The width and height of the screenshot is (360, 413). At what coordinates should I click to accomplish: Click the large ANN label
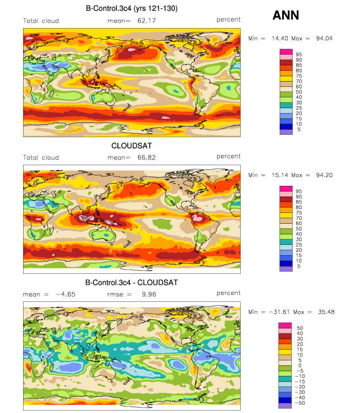286,15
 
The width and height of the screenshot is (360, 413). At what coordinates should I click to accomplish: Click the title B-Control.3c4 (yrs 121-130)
132,8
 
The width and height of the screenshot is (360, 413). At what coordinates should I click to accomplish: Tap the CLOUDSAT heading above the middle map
132,146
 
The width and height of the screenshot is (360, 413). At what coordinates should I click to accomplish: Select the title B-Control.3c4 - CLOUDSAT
132,283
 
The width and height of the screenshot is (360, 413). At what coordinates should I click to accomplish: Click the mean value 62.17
146,21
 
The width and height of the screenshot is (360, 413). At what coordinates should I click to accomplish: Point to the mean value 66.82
146,157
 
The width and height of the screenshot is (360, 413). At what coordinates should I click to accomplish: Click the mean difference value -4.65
66,294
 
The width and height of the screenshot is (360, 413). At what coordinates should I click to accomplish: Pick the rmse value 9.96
149,294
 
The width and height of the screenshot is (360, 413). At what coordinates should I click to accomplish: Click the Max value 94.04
324,38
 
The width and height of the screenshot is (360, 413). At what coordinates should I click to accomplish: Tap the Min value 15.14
280,175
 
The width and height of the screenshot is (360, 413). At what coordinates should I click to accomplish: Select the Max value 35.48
326,312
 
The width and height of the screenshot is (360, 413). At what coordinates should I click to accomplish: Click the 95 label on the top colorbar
299,55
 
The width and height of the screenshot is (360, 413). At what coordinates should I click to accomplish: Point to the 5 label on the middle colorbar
299,266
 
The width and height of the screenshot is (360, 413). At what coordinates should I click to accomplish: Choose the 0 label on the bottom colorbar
300,366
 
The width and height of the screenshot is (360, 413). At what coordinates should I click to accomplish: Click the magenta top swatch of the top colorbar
286,52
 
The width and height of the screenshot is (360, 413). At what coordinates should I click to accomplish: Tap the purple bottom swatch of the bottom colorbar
285,406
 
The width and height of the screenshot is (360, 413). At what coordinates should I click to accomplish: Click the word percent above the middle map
228,156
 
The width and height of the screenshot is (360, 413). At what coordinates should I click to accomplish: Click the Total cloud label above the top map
41,21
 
